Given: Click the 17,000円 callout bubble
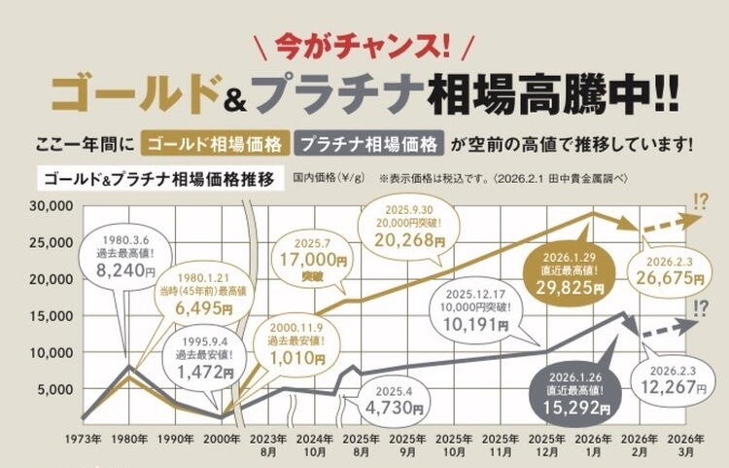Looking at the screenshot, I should (313, 261).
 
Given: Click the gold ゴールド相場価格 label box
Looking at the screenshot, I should (216, 144).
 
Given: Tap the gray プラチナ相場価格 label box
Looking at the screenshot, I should (369, 144).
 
